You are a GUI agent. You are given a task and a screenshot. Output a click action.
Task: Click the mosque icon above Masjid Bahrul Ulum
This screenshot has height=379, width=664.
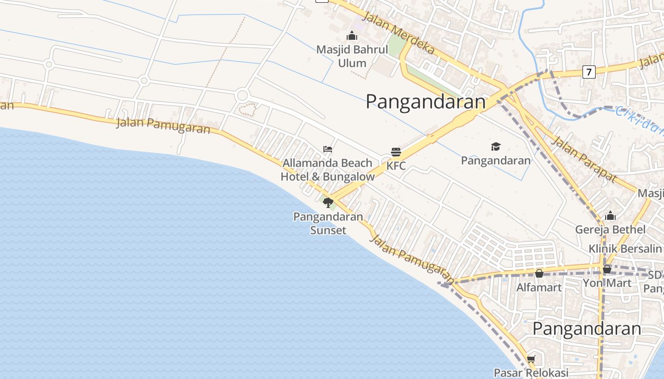[352, 36]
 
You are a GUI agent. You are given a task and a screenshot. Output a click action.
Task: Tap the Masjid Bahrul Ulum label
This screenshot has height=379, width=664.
[352, 56]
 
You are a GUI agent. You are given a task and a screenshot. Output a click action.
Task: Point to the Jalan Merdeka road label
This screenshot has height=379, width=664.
[398, 33]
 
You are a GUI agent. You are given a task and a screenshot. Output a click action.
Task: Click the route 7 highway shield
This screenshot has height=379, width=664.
[589, 72]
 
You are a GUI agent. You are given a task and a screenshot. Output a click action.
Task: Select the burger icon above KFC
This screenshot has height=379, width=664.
[396, 152]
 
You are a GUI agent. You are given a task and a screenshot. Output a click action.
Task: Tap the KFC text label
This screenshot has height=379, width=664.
[396, 166]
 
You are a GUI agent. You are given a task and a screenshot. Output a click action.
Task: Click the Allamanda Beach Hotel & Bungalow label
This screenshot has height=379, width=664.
[328, 170]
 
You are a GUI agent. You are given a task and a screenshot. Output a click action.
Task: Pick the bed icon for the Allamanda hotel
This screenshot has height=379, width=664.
[328, 149]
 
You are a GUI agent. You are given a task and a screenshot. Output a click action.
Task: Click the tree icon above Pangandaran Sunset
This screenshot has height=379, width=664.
[328, 203]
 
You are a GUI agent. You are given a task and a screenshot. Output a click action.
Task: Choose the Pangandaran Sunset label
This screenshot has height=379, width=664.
[328, 224]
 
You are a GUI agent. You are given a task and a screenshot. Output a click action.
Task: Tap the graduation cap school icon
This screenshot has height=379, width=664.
[496, 146]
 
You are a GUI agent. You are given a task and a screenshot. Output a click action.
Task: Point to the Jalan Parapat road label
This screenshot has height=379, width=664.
[584, 159]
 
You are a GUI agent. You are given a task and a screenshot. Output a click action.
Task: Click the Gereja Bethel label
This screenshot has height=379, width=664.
[610, 230]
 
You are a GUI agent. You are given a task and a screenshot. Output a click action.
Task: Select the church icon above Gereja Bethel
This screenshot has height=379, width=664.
[610, 217]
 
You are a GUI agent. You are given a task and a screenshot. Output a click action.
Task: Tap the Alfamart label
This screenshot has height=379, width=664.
[539, 287]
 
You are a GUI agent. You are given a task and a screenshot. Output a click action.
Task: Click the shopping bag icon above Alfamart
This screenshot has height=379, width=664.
[539, 273]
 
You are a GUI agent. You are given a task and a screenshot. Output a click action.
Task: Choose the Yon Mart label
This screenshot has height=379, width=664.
[607, 283]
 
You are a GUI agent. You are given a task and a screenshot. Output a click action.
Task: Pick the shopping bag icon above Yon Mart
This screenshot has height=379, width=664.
[607, 270]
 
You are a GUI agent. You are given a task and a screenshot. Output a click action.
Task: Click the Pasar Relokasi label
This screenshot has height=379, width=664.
[531, 373]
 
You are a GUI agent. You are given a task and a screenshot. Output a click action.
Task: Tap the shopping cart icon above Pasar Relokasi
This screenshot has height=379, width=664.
[531, 360]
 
